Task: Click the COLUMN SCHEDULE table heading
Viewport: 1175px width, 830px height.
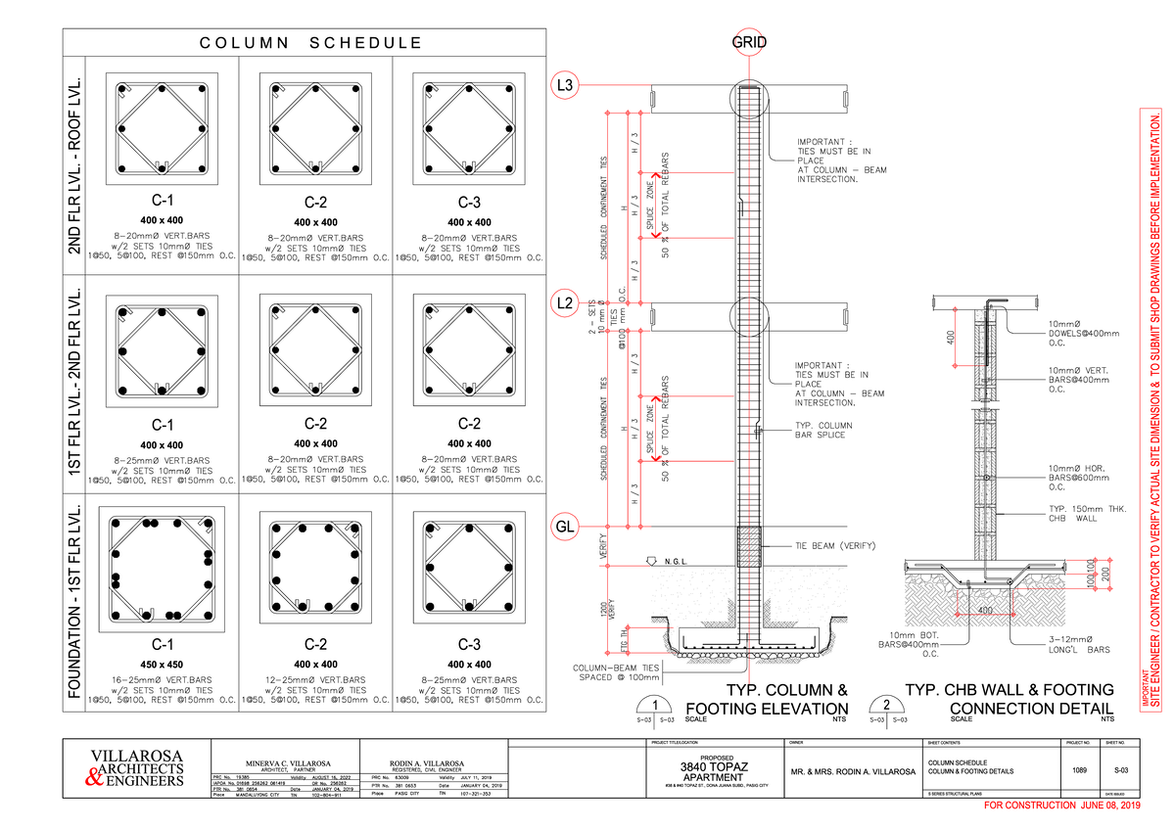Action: point(310,43)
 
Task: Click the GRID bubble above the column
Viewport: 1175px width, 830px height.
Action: point(750,43)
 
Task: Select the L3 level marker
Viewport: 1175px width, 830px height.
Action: point(565,85)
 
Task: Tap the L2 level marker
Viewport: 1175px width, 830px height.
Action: point(565,303)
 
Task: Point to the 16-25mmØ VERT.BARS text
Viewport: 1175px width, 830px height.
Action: point(162,679)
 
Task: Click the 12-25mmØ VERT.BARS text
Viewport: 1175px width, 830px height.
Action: point(315,679)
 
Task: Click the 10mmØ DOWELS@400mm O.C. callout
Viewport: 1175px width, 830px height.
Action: point(1081,334)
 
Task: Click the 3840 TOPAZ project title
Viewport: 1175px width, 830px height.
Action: point(716,765)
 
